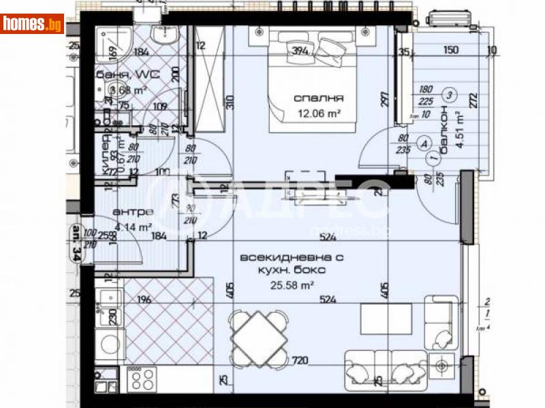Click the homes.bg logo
(32, 23)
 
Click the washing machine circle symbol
(109, 344)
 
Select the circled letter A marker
(426, 143)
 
